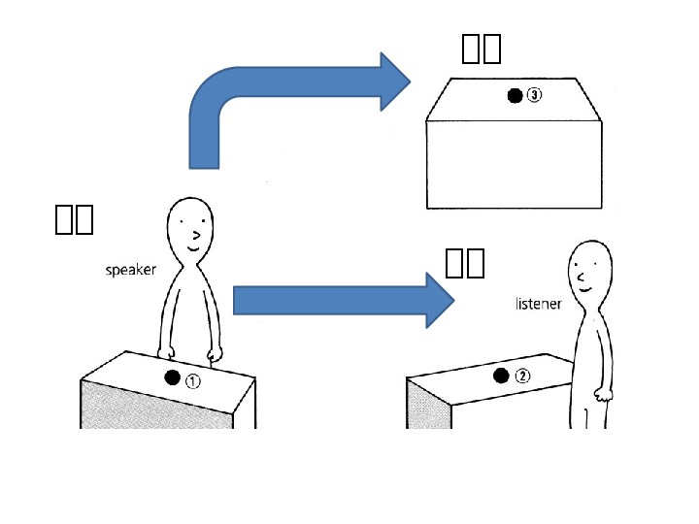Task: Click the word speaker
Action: [x=130, y=270]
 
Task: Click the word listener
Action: [x=538, y=304]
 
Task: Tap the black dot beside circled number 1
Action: [x=173, y=378]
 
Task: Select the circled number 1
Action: [x=193, y=380]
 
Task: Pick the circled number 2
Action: [x=522, y=377]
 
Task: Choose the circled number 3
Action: [x=535, y=95]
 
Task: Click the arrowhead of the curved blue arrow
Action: [x=393, y=82]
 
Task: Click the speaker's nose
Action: [x=197, y=234]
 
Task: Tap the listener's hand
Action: [x=603, y=394]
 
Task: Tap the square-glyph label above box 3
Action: [x=481, y=47]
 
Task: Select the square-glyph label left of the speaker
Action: [x=74, y=220]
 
